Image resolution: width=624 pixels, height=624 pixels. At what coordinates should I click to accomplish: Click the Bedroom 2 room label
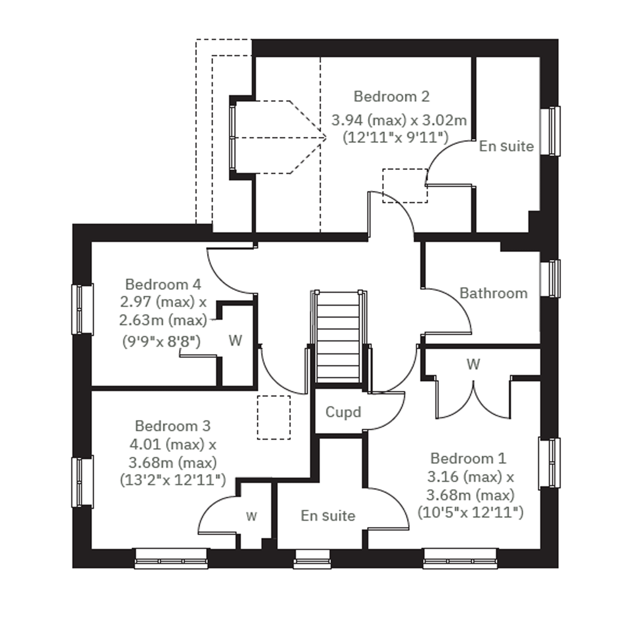(x=391, y=96)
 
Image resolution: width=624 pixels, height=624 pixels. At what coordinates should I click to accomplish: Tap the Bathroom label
(x=494, y=294)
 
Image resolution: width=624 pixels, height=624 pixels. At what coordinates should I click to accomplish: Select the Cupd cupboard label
(x=343, y=412)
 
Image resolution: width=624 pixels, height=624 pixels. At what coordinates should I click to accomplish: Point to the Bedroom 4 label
(x=163, y=284)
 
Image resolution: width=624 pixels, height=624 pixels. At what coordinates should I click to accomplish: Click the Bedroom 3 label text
(x=173, y=426)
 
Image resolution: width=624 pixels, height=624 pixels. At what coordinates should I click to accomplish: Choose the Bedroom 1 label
(x=468, y=458)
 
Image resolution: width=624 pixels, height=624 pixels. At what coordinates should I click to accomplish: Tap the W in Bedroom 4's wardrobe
(x=235, y=341)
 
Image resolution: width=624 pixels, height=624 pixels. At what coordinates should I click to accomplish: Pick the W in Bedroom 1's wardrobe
(x=474, y=364)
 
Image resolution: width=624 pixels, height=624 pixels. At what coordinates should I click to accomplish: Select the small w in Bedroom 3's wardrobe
(x=251, y=516)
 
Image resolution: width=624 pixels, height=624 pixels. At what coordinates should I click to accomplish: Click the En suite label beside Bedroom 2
(x=506, y=146)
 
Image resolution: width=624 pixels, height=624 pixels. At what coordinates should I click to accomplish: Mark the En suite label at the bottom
(x=328, y=516)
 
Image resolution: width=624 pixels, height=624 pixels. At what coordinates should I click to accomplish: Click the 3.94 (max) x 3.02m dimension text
(x=399, y=120)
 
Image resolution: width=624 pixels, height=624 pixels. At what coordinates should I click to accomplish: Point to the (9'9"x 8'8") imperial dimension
(x=161, y=341)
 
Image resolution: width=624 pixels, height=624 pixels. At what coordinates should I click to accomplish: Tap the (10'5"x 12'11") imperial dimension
(x=471, y=512)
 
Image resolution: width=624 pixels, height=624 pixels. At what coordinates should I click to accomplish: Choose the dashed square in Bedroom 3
(x=274, y=417)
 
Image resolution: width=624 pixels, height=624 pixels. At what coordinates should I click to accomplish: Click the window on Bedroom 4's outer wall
(x=82, y=309)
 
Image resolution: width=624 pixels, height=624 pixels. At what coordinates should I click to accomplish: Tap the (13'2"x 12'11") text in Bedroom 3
(x=173, y=480)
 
